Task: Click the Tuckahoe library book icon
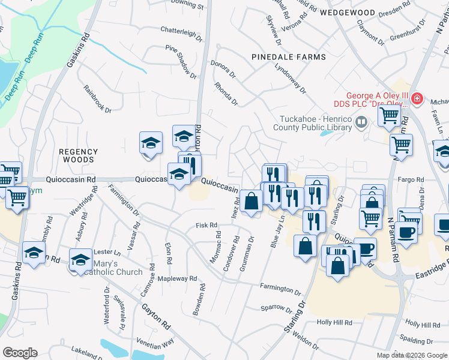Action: point(361,124)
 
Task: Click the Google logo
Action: point(20,352)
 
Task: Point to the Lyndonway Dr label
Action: point(290,79)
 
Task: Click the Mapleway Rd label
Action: point(176,278)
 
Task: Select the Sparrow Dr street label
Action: point(276,310)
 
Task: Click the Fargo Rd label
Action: point(411,179)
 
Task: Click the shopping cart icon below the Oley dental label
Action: point(389,115)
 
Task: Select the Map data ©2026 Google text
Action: point(412,355)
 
